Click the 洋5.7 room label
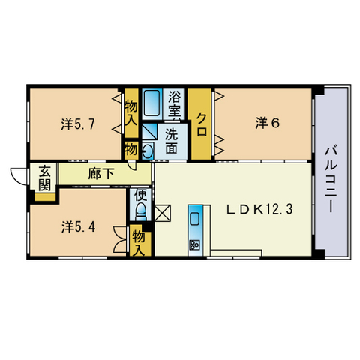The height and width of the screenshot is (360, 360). pos(78,124)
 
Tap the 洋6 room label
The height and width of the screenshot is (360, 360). pos(268,123)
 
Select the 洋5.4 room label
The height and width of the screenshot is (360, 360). pos(78,227)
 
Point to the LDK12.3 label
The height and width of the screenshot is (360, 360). pos(259,209)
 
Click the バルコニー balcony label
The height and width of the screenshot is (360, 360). pos(331,180)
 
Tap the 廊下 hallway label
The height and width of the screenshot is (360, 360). pos(101,173)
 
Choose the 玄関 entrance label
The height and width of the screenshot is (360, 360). pos(44,178)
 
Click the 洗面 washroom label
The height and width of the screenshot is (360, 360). pos(171,142)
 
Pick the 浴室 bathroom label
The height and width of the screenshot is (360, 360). pos(174,104)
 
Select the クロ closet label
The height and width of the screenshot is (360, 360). pos(202,124)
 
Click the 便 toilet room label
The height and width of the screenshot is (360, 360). pos(140,195)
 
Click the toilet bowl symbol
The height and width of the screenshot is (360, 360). pos(141,211)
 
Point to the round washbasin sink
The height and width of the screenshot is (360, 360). pos(147,151)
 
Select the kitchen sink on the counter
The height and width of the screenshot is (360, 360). pos(195,220)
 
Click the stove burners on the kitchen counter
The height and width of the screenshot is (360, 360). pos(194,244)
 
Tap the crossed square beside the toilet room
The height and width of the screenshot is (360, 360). pos(163,213)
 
